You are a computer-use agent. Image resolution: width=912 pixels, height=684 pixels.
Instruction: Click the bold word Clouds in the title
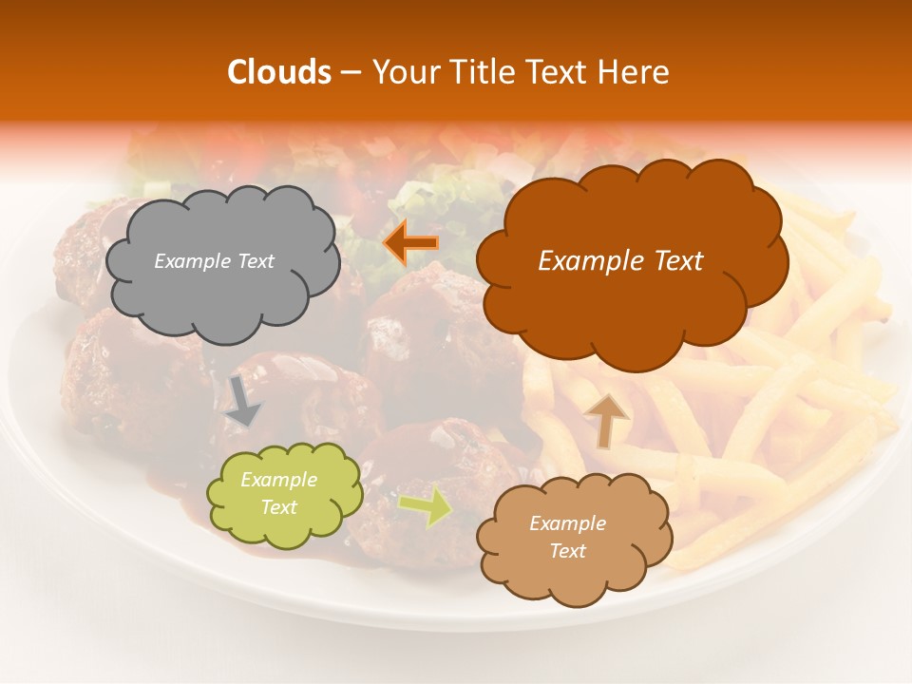(x=279, y=72)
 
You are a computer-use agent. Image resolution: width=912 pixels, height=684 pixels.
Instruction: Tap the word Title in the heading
(x=483, y=72)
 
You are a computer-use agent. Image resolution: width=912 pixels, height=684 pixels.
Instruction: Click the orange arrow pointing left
(x=410, y=243)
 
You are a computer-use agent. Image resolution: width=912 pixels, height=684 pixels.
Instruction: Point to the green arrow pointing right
(x=426, y=505)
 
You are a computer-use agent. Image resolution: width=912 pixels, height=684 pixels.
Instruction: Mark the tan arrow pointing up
(x=605, y=419)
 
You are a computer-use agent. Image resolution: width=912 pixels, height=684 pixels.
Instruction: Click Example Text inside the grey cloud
(x=214, y=261)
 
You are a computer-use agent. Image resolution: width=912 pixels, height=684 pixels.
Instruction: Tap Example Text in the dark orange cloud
(x=620, y=261)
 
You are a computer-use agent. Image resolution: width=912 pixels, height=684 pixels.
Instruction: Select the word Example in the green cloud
(x=278, y=481)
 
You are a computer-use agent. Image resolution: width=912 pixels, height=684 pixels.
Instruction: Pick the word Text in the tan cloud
(x=567, y=551)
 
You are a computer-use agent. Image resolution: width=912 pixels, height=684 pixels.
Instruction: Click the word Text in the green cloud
(x=278, y=507)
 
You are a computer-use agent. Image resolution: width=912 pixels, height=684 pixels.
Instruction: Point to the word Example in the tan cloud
(x=567, y=523)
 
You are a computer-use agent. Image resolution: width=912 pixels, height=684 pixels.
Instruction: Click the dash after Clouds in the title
(x=350, y=73)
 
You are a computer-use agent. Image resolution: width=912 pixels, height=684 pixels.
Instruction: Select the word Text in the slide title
(x=560, y=72)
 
